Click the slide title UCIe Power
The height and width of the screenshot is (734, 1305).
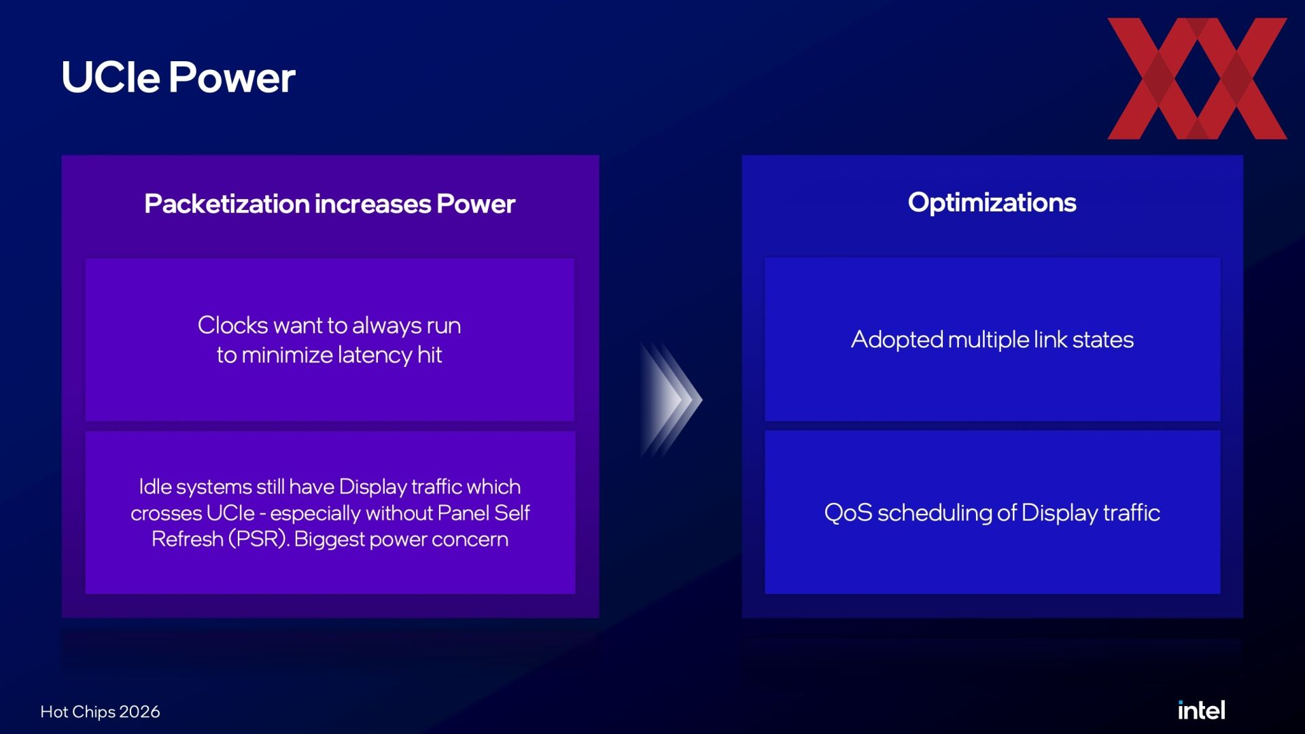click(x=178, y=77)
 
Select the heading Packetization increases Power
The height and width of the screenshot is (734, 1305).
click(x=330, y=204)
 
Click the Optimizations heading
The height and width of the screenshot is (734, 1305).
click(x=992, y=203)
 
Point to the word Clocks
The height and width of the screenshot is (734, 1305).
click(x=232, y=325)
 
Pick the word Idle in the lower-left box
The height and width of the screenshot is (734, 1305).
click(x=154, y=487)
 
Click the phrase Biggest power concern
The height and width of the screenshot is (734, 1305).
click(x=401, y=540)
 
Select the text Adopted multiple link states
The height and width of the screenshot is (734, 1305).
click(x=992, y=340)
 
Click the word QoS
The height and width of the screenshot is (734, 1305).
click(x=848, y=512)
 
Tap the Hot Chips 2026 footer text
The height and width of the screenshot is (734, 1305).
click(x=100, y=712)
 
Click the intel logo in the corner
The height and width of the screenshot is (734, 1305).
click(x=1201, y=710)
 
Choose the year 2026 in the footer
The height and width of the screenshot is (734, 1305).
click(x=139, y=712)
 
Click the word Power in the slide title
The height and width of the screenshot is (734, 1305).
click(x=232, y=77)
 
